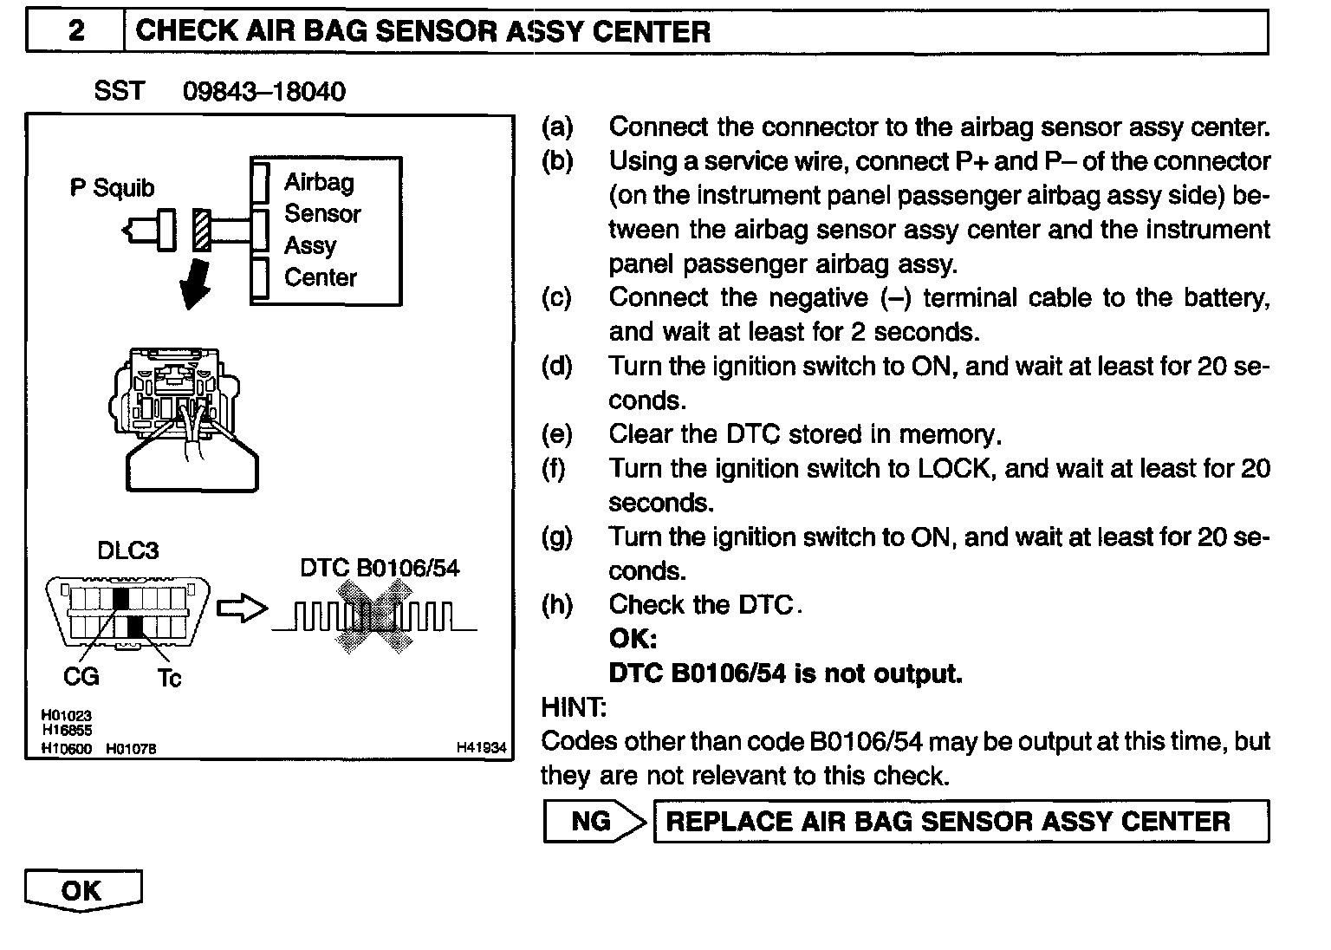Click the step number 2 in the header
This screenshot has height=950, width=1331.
pyautogui.click(x=76, y=32)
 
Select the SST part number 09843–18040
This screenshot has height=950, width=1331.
pyautogui.click(x=263, y=91)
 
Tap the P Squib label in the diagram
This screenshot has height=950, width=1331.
pyautogui.click(x=112, y=187)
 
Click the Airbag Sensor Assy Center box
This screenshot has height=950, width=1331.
pyautogui.click(x=326, y=231)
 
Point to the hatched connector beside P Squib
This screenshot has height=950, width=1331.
pyautogui.click(x=202, y=231)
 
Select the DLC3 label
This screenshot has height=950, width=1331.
pyautogui.click(x=128, y=550)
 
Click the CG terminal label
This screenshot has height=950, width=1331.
pyautogui.click(x=81, y=675)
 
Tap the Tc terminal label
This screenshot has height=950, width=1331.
pyautogui.click(x=169, y=677)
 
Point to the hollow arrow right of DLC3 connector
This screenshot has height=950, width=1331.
pyautogui.click(x=241, y=609)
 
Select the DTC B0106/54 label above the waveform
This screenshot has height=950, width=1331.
pyautogui.click(x=380, y=568)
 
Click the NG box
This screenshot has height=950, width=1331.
pyautogui.click(x=592, y=822)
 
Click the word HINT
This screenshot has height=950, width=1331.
pyautogui.click(x=574, y=707)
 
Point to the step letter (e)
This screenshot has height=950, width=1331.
pyautogui.click(x=556, y=433)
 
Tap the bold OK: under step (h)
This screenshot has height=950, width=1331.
pyautogui.click(x=633, y=639)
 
